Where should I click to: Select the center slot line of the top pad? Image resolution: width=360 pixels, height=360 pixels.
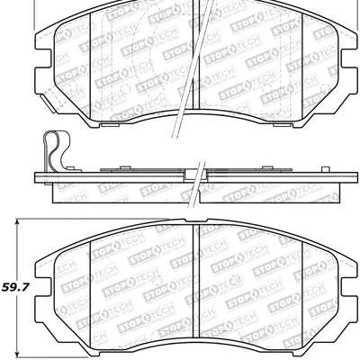point(196,54)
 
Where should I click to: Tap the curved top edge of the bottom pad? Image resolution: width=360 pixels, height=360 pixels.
point(195,220)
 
